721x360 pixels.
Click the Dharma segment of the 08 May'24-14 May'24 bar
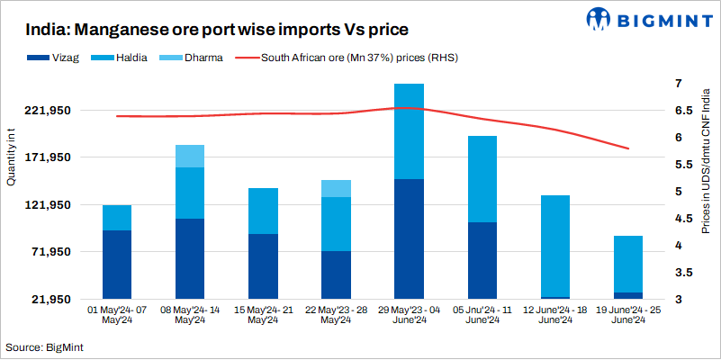[x=190, y=156]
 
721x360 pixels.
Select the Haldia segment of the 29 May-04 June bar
[x=410, y=131]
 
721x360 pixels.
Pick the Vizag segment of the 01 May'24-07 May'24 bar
[x=117, y=265]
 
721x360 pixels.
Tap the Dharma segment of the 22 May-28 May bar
[x=336, y=188]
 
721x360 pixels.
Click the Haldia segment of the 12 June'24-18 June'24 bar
[x=555, y=246]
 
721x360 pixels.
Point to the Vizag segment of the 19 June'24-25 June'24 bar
[x=628, y=295]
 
